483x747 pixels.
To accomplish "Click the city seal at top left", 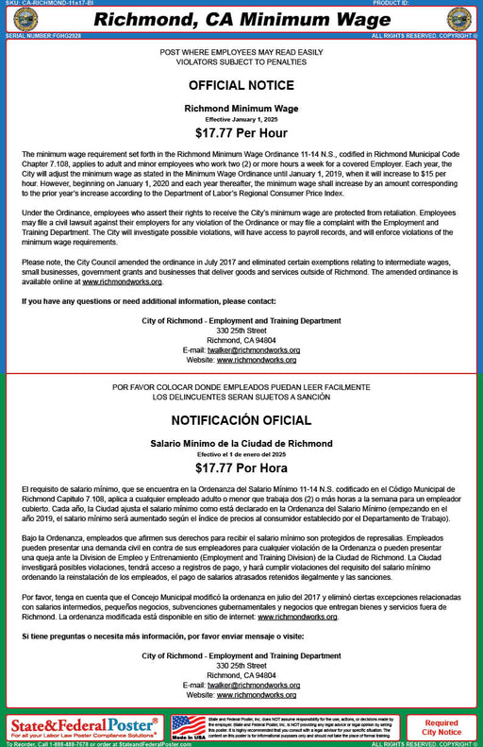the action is (25, 19).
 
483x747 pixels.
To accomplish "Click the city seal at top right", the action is (458, 19).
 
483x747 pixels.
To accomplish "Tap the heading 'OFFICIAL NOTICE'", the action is (241, 84).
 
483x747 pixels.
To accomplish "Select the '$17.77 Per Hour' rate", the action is (241, 133).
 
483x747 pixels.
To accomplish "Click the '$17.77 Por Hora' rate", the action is (241, 467).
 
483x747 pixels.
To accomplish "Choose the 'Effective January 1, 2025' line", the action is (241, 120).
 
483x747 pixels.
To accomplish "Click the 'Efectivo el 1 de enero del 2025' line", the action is (241, 454).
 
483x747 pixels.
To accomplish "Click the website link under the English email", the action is (258, 360).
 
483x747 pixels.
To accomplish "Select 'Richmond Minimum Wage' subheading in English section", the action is (241, 109).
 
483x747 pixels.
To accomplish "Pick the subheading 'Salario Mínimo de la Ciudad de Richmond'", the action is (241, 443).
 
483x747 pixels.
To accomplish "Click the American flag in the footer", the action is (189, 725).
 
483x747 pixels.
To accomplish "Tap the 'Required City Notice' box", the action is (441, 727).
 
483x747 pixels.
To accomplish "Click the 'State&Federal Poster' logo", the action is (83, 725).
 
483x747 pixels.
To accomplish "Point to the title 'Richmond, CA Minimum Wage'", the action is (241, 20).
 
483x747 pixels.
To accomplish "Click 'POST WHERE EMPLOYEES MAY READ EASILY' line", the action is (241, 51).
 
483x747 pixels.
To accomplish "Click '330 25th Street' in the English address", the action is (241, 331).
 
